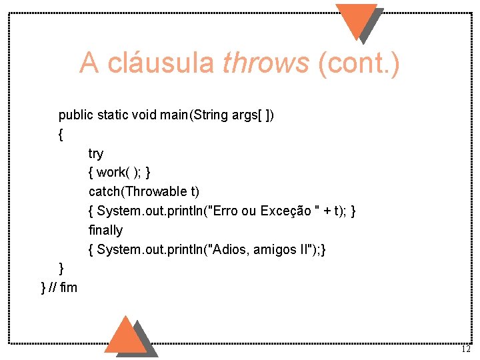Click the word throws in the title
tap(266, 63)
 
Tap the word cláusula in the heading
tap(161, 63)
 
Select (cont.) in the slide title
tap(359, 63)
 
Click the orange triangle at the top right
tap(356, 19)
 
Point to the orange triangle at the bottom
tap(125, 336)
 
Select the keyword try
tap(96, 154)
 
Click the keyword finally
tap(105, 230)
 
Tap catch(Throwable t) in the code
tap(144, 192)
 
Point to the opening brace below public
tap(61, 135)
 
